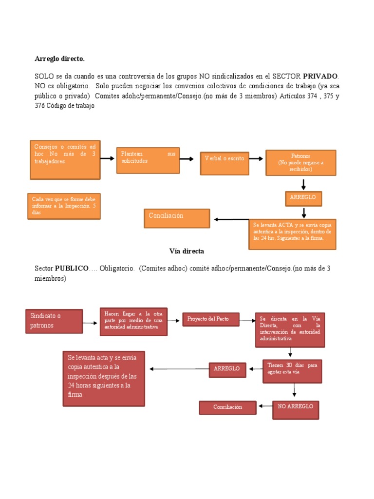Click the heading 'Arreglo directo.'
[x=59, y=58]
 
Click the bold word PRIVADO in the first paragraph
[x=320, y=77]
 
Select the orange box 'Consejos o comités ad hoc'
[x=65, y=160]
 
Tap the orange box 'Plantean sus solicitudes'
[x=148, y=160]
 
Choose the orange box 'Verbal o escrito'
[x=224, y=163]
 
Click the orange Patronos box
[x=300, y=163]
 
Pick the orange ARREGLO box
[x=303, y=198]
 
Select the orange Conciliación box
[x=177, y=218]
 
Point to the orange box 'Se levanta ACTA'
[x=292, y=234]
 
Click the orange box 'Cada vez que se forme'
[x=64, y=206]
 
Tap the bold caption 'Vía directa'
[x=187, y=251]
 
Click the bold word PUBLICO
[x=72, y=269]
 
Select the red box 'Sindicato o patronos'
[x=54, y=322]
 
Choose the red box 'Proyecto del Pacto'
[x=211, y=319]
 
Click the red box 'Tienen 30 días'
[x=292, y=371]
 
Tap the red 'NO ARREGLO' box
[x=295, y=410]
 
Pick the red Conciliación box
[x=227, y=407]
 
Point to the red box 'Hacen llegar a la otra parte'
[x=133, y=322]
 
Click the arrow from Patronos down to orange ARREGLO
[x=303, y=184]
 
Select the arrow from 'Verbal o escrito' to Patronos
[x=257, y=159]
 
